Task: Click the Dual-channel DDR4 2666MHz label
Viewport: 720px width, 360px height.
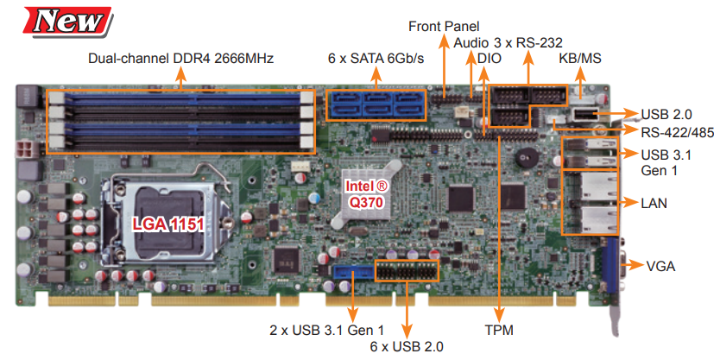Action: [x=180, y=60]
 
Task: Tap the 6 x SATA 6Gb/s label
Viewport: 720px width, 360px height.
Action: [x=376, y=60]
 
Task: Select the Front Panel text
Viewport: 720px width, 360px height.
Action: [x=444, y=26]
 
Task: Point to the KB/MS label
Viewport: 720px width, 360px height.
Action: [x=579, y=60]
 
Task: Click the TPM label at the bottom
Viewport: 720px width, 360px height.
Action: [x=499, y=330]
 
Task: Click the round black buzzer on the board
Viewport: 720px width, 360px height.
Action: [x=524, y=159]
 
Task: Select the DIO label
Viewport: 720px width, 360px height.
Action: [x=488, y=60]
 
